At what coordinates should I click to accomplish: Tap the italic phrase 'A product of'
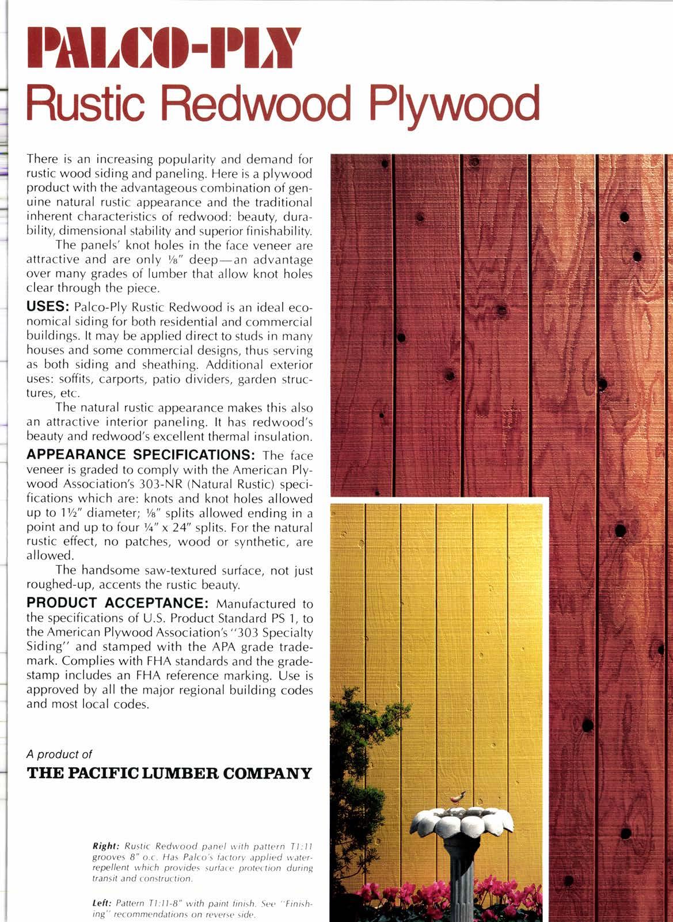pos(60,753)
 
